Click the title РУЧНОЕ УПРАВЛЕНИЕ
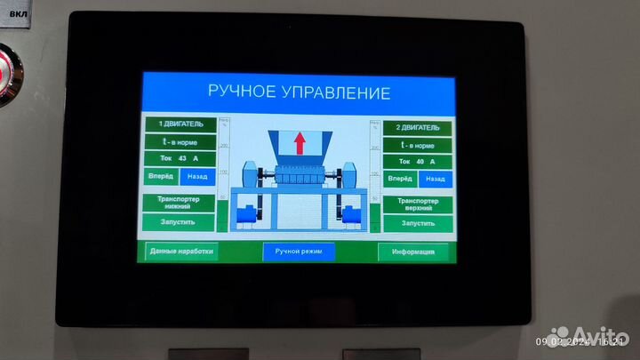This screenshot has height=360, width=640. tap(299, 92)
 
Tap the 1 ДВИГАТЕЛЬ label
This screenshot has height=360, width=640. tap(180, 124)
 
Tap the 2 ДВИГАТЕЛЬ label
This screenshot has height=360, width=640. tap(417, 128)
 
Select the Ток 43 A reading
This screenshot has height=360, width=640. tap(180, 158)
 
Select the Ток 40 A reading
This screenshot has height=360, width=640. tap(417, 162)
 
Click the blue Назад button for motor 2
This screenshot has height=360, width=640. tap(435, 179)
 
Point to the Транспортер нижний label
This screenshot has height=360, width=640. tap(180, 201)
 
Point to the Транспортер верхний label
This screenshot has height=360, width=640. tap(417, 204)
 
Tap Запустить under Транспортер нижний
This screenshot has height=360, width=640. tap(180, 220)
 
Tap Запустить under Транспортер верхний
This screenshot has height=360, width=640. tap(417, 223)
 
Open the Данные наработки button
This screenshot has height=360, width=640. tap(180, 252)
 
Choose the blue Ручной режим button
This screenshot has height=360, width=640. tap(299, 252)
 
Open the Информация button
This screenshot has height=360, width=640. tap(413, 252)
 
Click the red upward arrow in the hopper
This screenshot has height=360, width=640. tap(299, 140)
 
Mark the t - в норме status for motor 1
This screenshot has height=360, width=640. tap(180, 140)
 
